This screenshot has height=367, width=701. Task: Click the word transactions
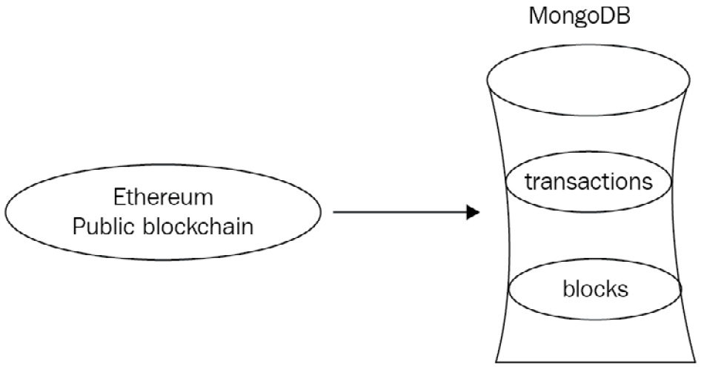(x=588, y=182)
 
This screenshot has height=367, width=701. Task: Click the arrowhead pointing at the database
(x=472, y=214)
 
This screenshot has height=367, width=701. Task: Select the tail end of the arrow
(x=336, y=214)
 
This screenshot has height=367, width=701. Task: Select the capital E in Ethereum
(x=119, y=198)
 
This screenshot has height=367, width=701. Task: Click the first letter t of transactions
(x=528, y=182)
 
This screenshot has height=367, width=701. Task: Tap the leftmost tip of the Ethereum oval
(x=6, y=214)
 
